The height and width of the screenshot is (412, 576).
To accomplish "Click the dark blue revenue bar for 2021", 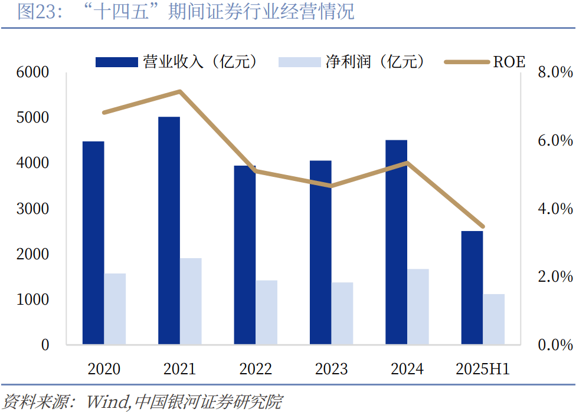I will click(x=169, y=230).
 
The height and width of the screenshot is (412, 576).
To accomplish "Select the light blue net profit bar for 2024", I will click(x=418, y=306).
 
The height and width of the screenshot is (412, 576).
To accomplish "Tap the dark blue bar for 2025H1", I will click(x=472, y=288).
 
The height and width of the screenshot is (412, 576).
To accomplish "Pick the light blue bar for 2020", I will click(x=115, y=309).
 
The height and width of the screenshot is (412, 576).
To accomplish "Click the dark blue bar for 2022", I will click(x=244, y=255).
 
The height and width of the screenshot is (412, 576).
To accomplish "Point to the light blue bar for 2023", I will click(x=342, y=313).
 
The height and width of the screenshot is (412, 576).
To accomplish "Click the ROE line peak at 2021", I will click(x=179, y=91).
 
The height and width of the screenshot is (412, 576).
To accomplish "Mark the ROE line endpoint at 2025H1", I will click(x=483, y=226).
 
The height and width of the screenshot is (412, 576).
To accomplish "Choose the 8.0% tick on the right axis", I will click(x=555, y=72).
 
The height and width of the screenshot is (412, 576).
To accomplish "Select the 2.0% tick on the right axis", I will click(x=555, y=276).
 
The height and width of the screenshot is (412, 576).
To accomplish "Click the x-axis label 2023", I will click(x=331, y=369).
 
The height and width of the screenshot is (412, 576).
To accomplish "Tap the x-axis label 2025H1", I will click(x=483, y=369).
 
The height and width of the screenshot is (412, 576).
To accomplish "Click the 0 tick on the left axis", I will click(x=45, y=345).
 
